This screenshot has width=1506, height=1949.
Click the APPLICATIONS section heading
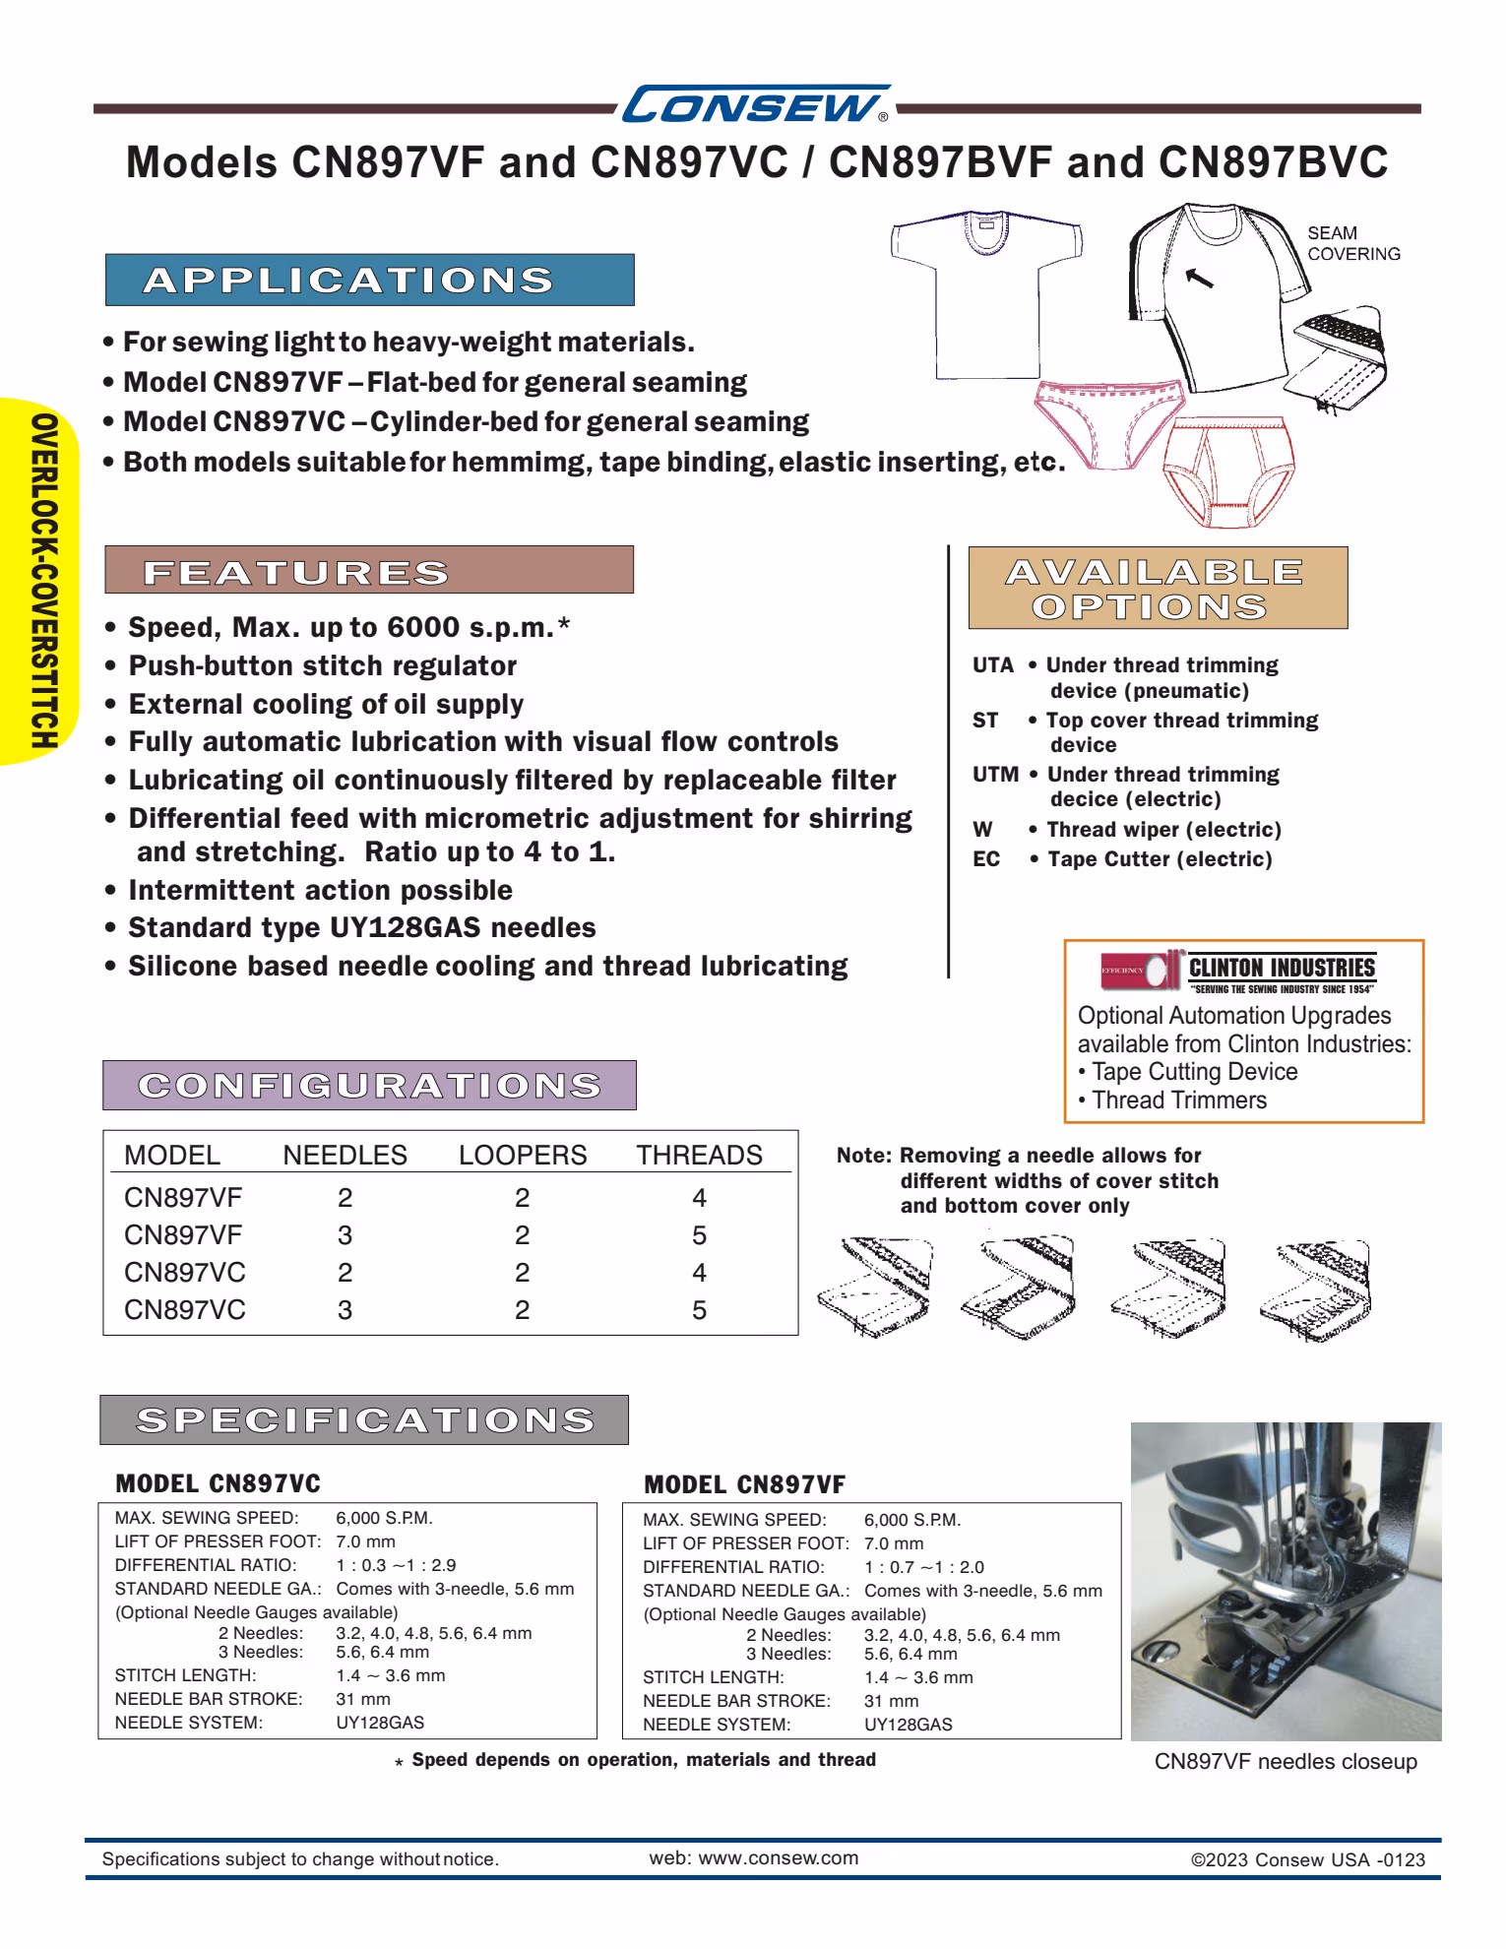[369, 281]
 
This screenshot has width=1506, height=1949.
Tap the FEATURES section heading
[369, 571]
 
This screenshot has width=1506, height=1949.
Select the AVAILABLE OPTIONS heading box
[1157, 589]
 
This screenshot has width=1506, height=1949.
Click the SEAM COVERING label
[1352, 244]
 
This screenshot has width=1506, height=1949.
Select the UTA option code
[992, 666]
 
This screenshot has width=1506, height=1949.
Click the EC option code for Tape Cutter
[985, 860]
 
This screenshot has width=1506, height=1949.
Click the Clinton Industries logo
[1238, 971]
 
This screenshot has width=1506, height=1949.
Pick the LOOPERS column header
[522, 1156]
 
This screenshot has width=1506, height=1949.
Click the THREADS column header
[699, 1156]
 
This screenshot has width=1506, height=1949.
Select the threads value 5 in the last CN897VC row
[699, 1311]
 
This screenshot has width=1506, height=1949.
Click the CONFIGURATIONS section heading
[369, 1086]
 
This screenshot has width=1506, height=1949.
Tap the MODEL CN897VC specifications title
[218, 1483]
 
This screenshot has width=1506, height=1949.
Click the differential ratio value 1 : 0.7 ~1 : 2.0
[923, 1567]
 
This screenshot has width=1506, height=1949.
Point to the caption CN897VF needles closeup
[1285, 1762]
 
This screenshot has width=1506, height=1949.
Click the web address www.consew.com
[753, 1858]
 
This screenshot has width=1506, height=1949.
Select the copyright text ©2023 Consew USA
[1307, 1859]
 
